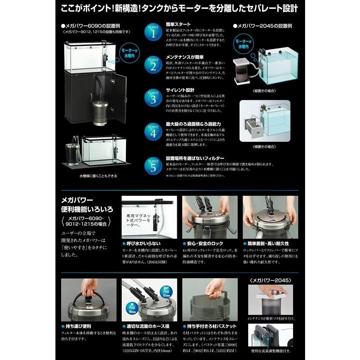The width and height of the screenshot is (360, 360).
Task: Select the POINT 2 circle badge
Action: (153, 65)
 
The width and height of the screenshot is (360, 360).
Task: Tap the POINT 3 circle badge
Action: (153, 98)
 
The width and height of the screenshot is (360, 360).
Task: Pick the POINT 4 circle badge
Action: (153, 130)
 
